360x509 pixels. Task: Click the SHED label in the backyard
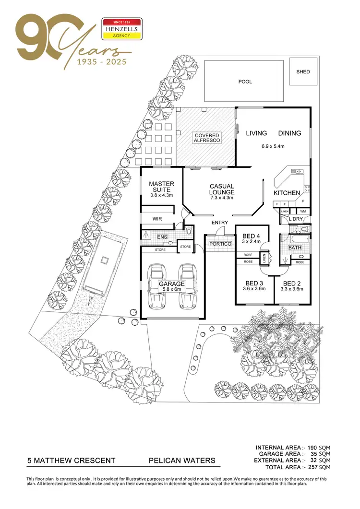click(x=303, y=72)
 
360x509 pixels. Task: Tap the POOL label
click(x=245, y=82)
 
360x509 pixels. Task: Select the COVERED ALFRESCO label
click(x=207, y=138)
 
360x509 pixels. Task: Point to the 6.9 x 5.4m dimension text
click(x=273, y=146)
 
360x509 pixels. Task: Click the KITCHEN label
click(x=287, y=193)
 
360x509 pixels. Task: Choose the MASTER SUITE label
click(x=161, y=187)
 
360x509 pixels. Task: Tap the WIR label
click(x=157, y=219)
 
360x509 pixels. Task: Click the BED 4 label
click(x=252, y=236)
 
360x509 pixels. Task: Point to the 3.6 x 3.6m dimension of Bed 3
click(x=254, y=289)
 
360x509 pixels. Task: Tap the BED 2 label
click(x=292, y=284)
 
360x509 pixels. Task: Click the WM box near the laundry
click(x=302, y=211)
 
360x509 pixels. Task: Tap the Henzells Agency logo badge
click(x=122, y=28)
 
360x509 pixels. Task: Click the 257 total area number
click(x=312, y=467)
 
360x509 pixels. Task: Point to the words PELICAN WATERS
click(x=182, y=461)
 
